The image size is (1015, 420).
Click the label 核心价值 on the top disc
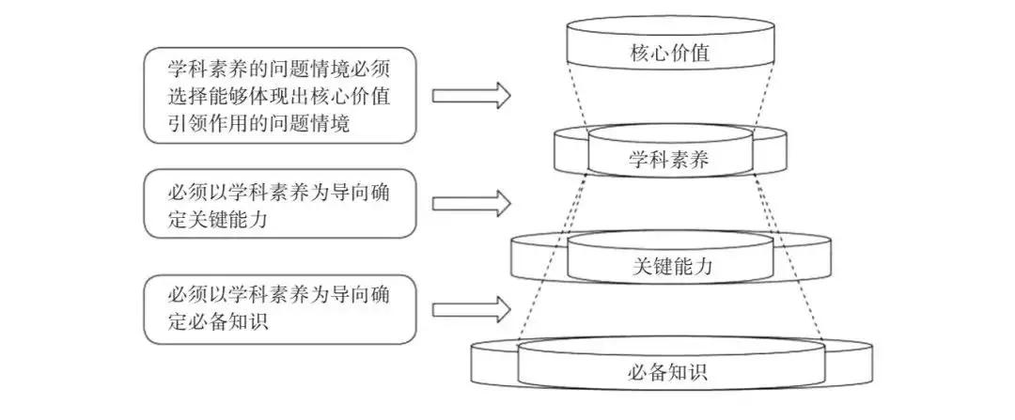point(668,54)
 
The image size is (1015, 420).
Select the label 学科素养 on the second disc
point(668,160)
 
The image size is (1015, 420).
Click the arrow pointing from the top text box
point(471,95)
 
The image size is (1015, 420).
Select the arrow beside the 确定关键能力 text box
point(471,202)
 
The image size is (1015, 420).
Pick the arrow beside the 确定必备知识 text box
point(471,308)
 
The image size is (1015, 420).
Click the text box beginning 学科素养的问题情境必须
point(281,96)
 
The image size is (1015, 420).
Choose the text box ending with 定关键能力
point(281,203)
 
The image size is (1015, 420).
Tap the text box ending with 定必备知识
point(281,308)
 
